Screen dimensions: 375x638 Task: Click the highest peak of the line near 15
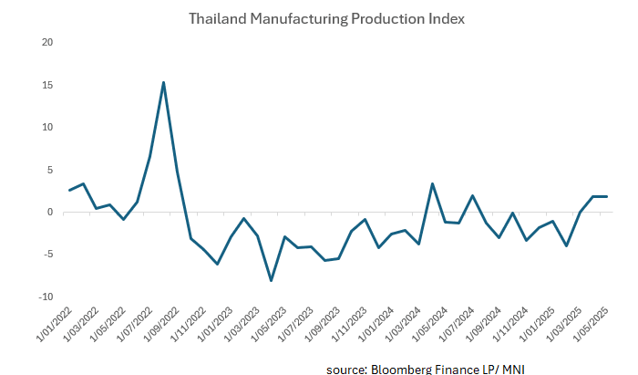163,83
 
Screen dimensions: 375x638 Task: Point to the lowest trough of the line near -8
271,280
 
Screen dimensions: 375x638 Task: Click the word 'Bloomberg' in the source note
402,368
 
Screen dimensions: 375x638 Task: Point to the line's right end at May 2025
607,196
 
